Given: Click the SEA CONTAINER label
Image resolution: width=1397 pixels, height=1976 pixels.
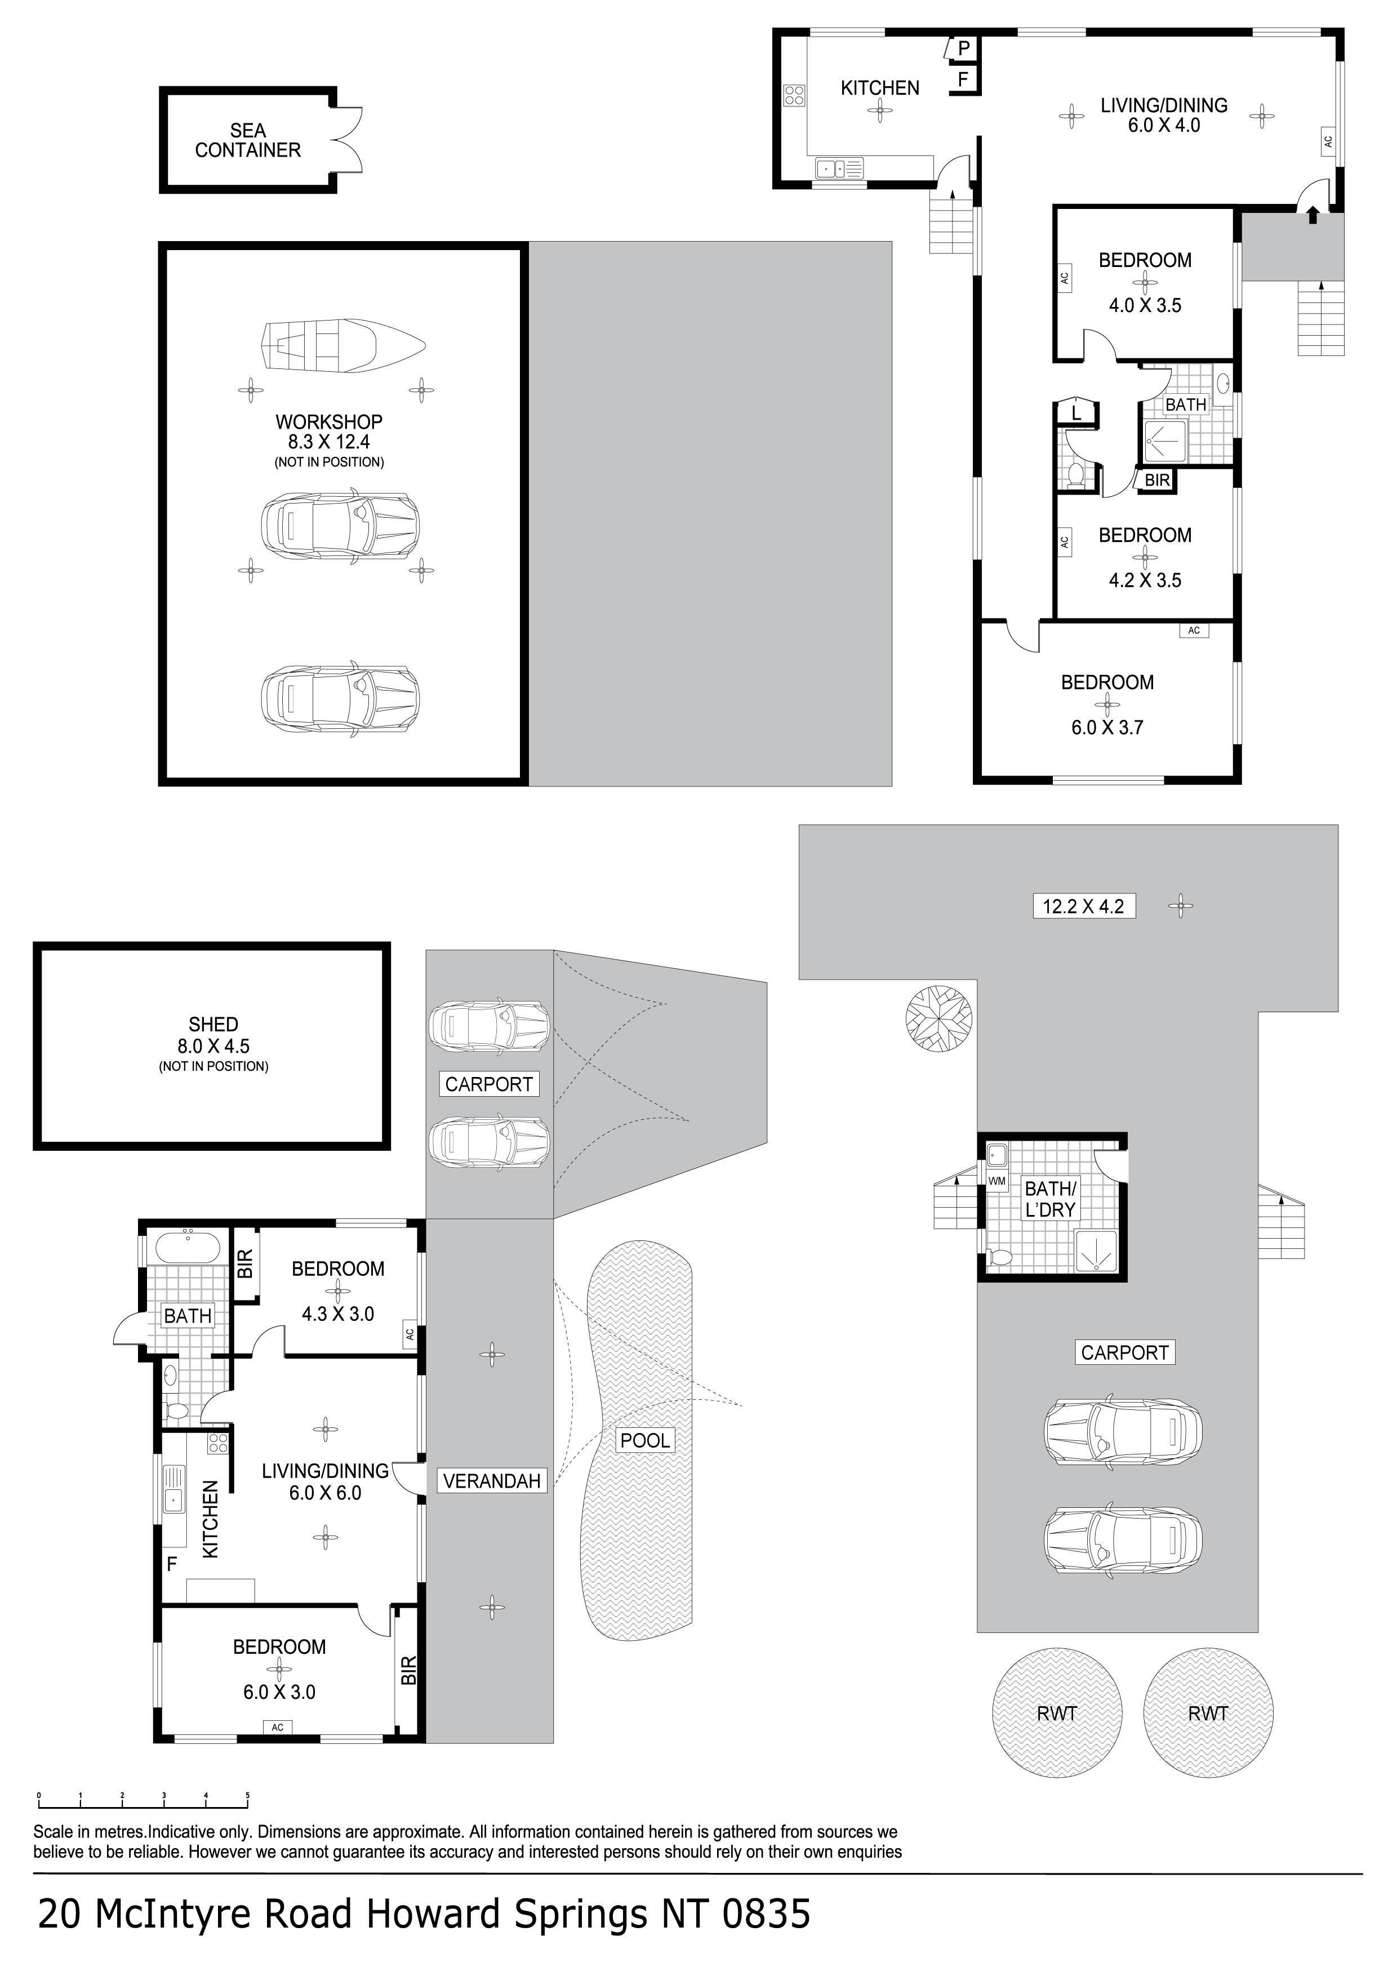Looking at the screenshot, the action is point(248,140).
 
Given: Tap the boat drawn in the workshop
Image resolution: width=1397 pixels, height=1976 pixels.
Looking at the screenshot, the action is point(344,347).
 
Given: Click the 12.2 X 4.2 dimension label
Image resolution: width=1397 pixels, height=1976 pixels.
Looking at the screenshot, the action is point(1084,906).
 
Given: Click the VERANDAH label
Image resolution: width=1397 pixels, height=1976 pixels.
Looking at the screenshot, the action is point(492,1480).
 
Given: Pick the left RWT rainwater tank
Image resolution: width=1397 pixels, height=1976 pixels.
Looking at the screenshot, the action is point(1058,1712).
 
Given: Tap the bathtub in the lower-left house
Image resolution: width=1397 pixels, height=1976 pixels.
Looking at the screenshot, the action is point(187,1248).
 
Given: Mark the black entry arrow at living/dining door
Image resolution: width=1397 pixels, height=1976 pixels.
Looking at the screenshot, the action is point(1313,213).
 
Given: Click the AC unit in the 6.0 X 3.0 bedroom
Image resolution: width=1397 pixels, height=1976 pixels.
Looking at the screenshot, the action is point(277,1726).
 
